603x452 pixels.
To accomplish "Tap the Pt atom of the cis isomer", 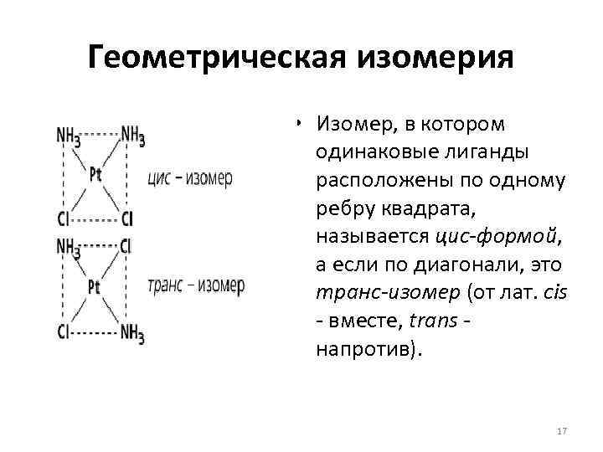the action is (x=96, y=174).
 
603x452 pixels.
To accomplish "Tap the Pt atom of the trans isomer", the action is (x=95, y=287).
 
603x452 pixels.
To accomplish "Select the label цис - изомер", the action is (x=189, y=178).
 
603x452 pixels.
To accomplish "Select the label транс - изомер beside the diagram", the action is (x=195, y=286).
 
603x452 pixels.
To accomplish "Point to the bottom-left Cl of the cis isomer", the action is (x=64, y=219).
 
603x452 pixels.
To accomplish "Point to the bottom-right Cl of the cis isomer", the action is (x=126, y=219).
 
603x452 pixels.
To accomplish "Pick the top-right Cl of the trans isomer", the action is (x=126, y=247).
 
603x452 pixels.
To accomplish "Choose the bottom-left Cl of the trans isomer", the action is (x=64, y=331).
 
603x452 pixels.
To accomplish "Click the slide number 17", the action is (x=562, y=431).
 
